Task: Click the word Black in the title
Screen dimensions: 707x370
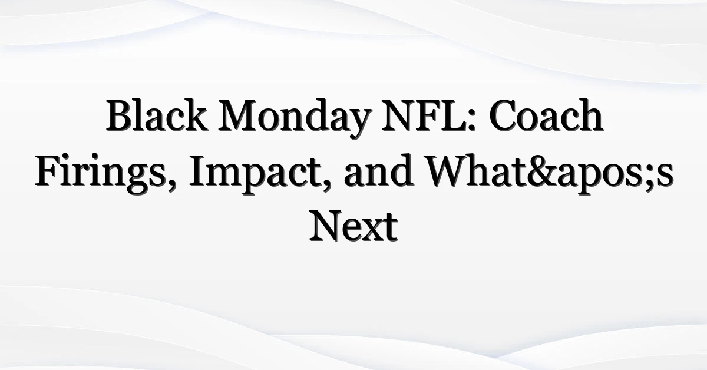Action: point(156,115)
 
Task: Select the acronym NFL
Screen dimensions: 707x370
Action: point(424,115)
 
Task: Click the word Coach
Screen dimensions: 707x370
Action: point(546,115)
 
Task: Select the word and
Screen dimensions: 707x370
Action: point(378,170)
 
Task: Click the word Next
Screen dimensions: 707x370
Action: point(353,226)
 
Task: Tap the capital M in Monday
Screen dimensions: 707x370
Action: point(239,115)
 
